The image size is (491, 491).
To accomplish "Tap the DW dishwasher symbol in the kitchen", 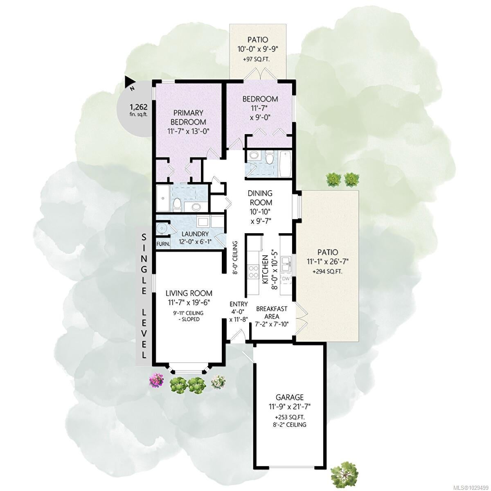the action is coord(286,279).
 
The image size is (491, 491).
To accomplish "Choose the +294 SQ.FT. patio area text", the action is coord(327,272).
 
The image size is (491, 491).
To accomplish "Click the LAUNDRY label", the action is coord(195,234).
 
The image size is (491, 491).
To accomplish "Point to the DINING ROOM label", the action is coord(260,198).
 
